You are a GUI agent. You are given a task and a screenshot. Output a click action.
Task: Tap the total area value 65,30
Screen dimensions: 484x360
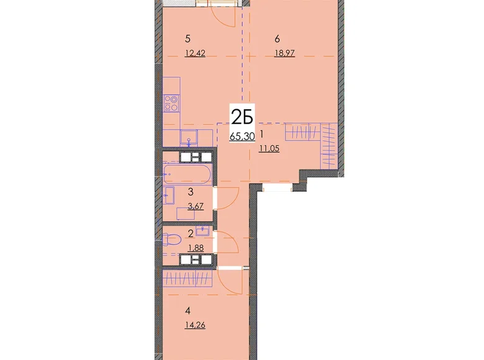pos(242,136)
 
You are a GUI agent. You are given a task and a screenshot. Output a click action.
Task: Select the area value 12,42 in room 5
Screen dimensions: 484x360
pos(195,53)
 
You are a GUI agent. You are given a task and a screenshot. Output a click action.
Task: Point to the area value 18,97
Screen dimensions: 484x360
pos(285,53)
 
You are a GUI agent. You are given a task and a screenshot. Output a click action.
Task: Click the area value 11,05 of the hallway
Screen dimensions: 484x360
pos(269,148)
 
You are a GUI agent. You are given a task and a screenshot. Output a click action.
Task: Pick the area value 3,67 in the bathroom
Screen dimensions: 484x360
pos(195,206)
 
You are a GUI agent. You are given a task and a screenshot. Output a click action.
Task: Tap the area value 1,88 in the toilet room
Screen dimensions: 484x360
pos(195,248)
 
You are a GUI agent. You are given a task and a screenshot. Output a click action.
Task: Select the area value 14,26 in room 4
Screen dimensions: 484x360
pos(195,325)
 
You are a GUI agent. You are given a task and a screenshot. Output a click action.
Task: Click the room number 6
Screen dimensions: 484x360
pos(277,39)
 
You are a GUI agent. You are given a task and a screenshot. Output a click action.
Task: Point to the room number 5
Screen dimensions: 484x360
pos(187,39)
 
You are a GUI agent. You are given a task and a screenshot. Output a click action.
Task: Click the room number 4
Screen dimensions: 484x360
pos(187,311)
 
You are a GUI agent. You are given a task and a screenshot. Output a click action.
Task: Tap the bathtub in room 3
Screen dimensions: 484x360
pos(187,174)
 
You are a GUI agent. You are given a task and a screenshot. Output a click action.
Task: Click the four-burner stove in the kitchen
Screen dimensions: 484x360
pos(171,103)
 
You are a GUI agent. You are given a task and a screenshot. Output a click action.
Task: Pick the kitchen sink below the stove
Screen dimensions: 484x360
pos(189,137)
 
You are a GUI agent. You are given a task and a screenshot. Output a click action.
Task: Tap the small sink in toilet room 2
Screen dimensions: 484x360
pos(202,231)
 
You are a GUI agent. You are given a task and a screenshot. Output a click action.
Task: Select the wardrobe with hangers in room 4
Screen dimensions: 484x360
pos(187,279)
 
